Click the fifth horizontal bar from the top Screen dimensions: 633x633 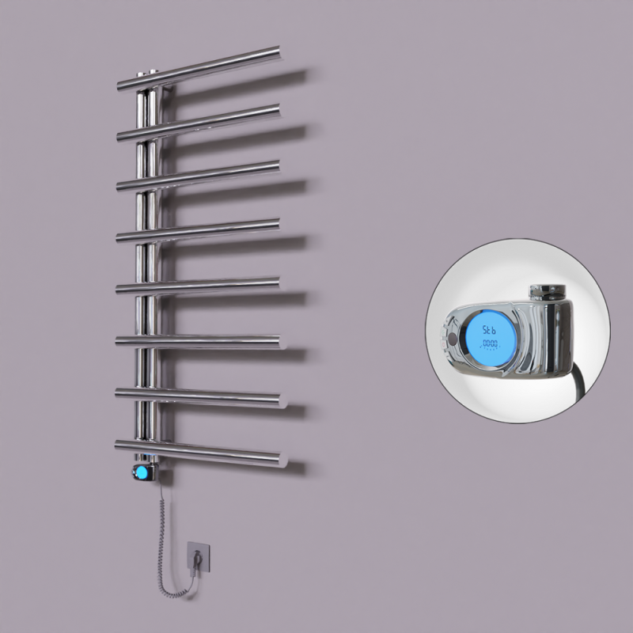[214, 284]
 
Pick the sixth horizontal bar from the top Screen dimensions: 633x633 [214, 341]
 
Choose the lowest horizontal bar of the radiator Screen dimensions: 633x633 [214, 453]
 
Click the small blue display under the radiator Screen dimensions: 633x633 [141, 473]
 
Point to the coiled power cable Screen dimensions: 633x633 [162, 538]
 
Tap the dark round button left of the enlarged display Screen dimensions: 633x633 [452, 339]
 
